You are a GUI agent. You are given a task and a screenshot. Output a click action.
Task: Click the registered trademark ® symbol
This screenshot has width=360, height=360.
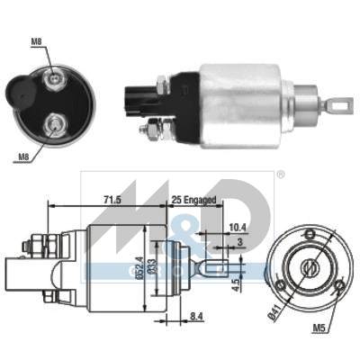pyautogui.click(x=280, y=175)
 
